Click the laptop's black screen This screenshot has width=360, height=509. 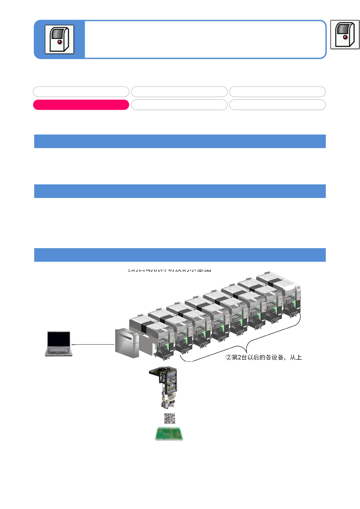(x=59, y=339)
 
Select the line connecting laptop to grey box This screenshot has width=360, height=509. (x=93, y=344)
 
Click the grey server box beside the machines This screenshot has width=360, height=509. (x=126, y=343)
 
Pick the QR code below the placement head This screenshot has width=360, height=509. (x=170, y=418)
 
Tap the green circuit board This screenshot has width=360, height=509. (x=169, y=434)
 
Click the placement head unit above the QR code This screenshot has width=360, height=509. (x=165, y=387)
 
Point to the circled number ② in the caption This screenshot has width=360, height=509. (x=228, y=358)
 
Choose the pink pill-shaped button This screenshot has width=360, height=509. (x=81, y=105)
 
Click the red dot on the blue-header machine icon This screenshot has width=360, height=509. (x=60, y=42)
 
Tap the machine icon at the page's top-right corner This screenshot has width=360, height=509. (x=345, y=34)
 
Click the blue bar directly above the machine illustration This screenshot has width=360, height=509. (x=180, y=255)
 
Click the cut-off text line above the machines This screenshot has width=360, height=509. (x=169, y=270)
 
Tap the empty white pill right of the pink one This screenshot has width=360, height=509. (x=179, y=105)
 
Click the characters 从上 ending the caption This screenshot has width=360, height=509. (x=296, y=358)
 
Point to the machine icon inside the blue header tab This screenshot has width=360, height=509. (x=59, y=39)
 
